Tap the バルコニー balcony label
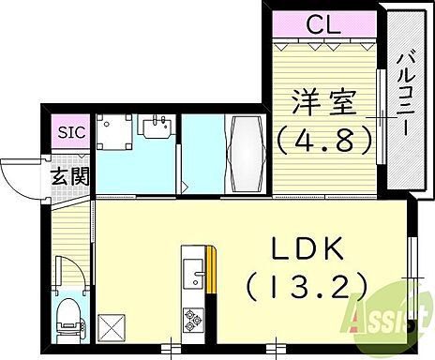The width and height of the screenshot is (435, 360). (404, 94)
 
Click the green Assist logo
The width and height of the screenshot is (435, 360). (380, 323)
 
